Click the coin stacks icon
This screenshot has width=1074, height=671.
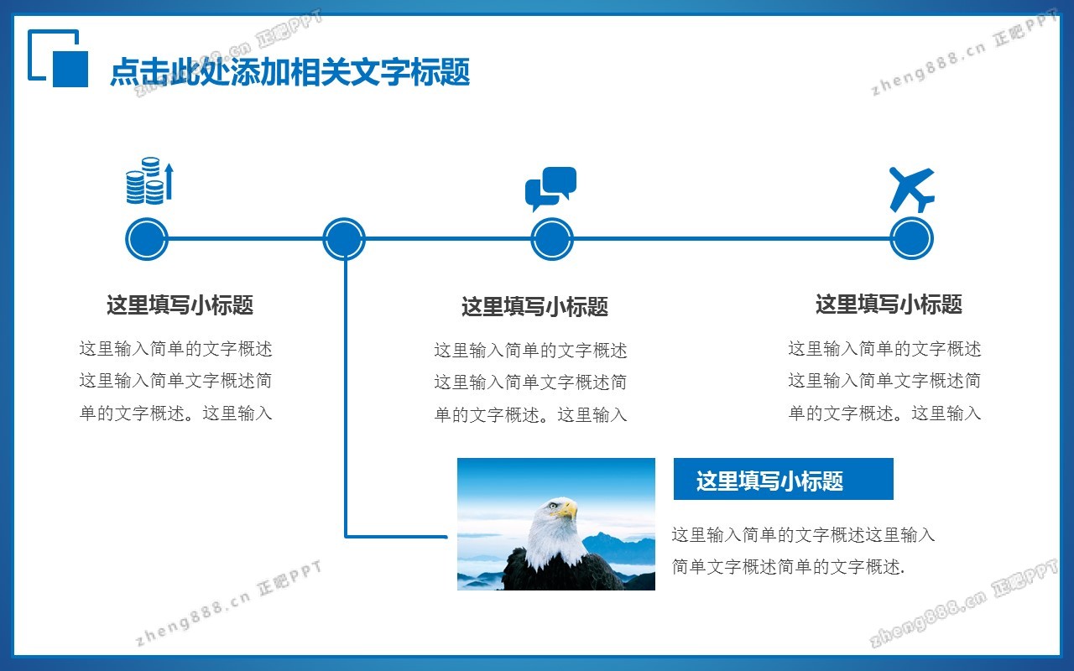[x=149, y=180]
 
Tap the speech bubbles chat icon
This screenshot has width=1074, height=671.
[x=551, y=189]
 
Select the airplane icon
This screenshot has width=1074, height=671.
[x=911, y=190]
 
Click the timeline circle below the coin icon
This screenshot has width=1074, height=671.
[x=147, y=239]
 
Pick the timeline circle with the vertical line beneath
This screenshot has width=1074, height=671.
[x=344, y=239]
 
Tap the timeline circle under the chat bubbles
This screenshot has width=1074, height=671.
[x=552, y=239]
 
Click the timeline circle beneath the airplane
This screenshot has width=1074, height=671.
[x=911, y=239]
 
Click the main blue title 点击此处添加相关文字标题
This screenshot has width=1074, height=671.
[x=290, y=72]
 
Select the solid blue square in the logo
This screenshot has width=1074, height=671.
[x=70, y=69]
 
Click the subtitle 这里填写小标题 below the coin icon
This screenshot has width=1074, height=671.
[x=180, y=304]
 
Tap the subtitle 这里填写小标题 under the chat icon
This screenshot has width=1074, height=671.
[x=534, y=307]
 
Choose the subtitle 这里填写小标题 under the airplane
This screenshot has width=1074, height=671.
[x=889, y=304]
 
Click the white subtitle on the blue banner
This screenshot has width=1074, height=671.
[x=769, y=481]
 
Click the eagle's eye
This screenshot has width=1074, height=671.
[x=553, y=505]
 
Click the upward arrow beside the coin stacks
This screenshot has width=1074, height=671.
[x=169, y=181]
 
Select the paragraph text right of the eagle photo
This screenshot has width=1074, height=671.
[x=803, y=551]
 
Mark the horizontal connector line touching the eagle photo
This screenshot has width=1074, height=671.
[x=396, y=537]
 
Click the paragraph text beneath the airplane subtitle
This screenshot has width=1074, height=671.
[x=884, y=381]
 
